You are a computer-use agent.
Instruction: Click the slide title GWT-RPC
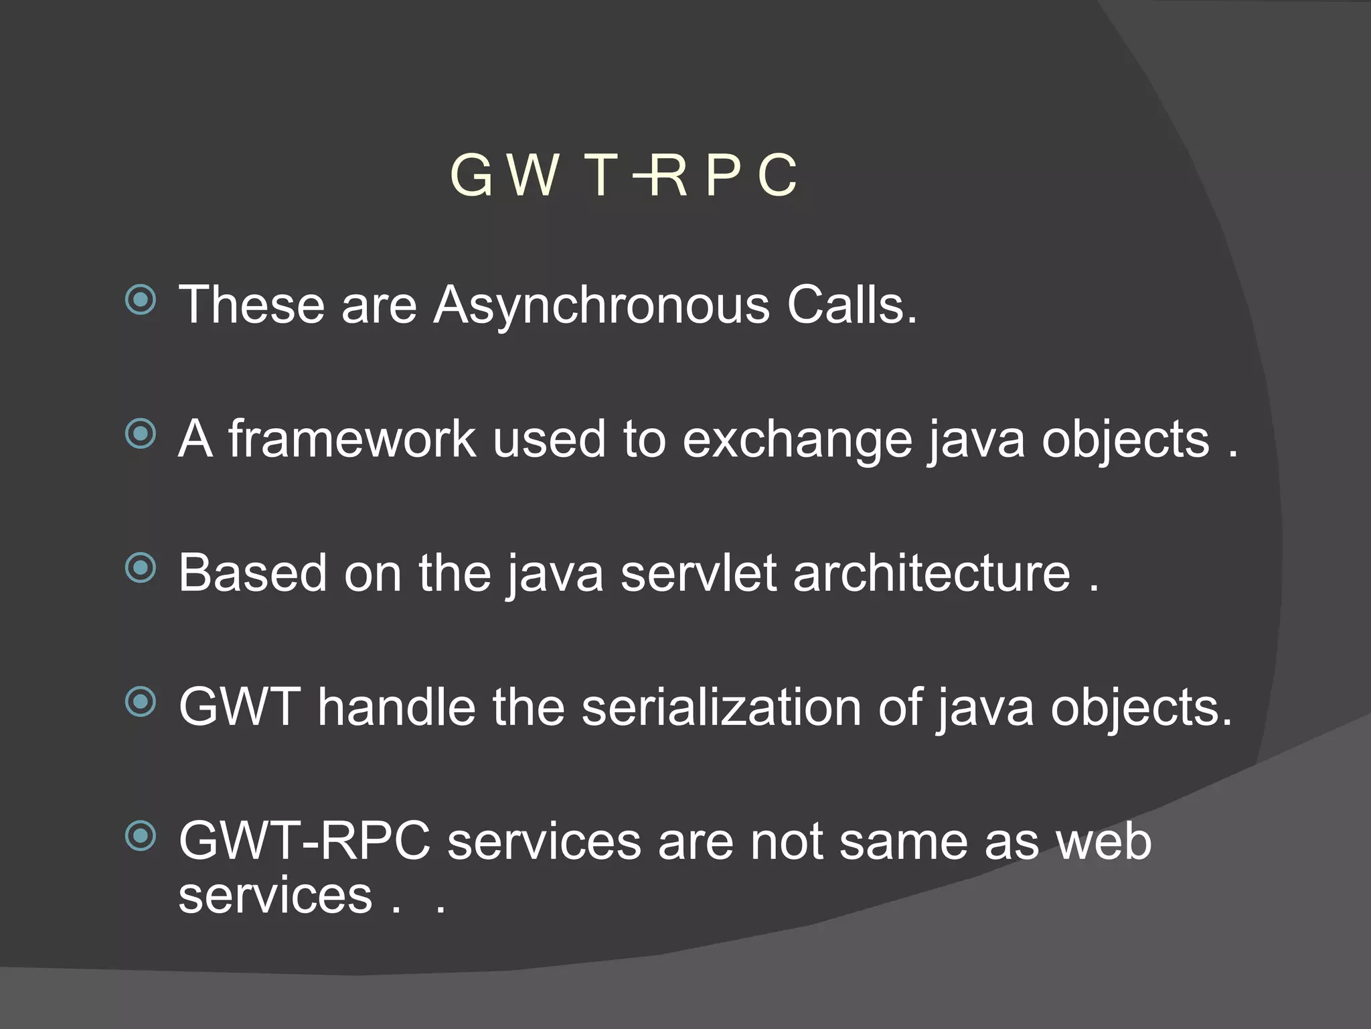624,176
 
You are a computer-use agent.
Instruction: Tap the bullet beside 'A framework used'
141,434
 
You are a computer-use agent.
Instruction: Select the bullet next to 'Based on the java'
141,569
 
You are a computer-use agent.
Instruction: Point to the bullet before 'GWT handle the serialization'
141,702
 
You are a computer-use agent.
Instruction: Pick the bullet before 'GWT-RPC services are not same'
141,836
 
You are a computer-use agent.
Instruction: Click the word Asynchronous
601,305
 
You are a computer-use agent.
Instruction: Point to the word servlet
698,573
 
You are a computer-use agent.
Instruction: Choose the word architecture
931,573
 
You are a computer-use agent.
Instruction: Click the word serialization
721,707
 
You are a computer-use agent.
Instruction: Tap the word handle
396,707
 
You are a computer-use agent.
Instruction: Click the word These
251,305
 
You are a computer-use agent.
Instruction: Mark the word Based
252,573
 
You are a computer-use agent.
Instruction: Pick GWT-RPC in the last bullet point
305,841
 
